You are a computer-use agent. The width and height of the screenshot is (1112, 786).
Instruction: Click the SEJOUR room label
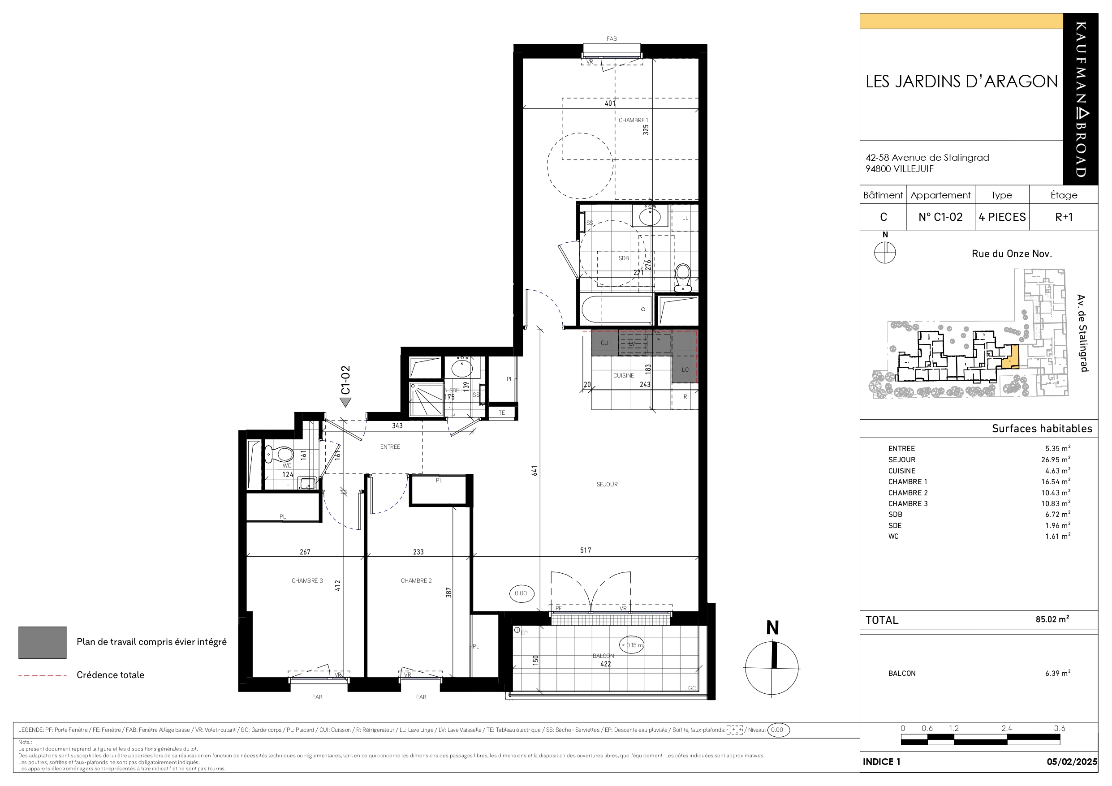pyautogui.click(x=607, y=484)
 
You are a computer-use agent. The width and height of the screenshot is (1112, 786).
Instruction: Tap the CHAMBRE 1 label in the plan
pyautogui.click(x=633, y=120)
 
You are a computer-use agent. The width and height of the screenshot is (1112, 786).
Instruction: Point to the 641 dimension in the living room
pyautogui.click(x=534, y=470)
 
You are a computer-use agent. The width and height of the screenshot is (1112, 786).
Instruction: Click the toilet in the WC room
pyautogui.click(x=280, y=454)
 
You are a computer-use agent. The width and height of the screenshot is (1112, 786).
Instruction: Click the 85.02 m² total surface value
pyautogui.click(x=1052, y=619)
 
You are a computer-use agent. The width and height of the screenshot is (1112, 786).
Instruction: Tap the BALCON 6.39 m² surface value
pyautogui.click(x=1057, y=673)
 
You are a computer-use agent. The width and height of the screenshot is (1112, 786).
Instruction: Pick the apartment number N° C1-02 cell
pyautogui.click(x=940, y=217)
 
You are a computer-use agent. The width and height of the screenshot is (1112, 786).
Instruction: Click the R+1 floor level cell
pyautogui.click(x=1064, y=217)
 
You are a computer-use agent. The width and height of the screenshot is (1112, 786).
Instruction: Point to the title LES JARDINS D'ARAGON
pyautogui.click(x=961, y=82)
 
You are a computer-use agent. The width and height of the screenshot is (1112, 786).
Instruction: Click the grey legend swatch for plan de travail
pyautogui.click(x=43, y=643)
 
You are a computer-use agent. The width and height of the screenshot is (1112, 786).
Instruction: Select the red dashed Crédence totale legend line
pyautogui.click(x=43, y=675)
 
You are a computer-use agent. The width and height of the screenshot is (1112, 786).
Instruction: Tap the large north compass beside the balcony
pyautogui.click(x=772, y=668)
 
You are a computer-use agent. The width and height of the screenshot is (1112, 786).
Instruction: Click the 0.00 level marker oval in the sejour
pyautogui.click(x=521, y=593)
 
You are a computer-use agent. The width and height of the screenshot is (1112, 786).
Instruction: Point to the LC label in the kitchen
pyautogui.click(x=685, y=369)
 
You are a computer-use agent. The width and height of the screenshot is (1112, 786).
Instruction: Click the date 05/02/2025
pyautogui.click(x=1072, y=762)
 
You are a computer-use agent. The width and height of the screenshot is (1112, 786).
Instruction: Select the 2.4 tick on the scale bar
pyautogui.click(x=1007, y=728)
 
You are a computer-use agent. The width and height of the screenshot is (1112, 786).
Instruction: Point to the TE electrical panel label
pyautogui.click(x=502, y=412)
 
